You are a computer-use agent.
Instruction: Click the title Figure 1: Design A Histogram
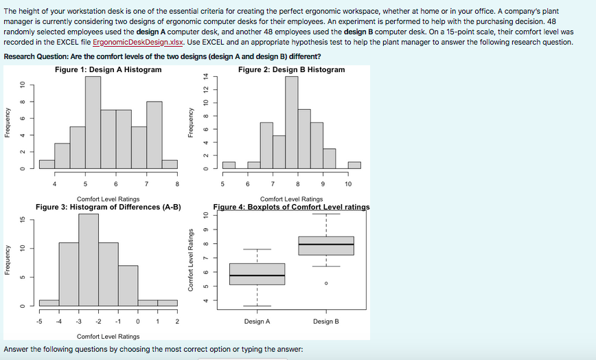click(x=108, y=69)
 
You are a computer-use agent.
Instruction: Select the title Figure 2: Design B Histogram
click(x=291, y=69)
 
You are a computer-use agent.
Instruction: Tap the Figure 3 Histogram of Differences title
click(x=108, y=207)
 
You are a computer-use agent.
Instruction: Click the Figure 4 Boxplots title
click(x=291, y=207)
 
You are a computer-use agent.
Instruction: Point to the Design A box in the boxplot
click(x=257, y=273)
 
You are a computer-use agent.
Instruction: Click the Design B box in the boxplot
click(x=326, y=245)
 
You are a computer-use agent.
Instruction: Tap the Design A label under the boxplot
click(x=257, y=322)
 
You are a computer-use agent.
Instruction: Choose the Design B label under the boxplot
click(x=326, y=322)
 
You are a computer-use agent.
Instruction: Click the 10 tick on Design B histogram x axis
click(x=348, y=184)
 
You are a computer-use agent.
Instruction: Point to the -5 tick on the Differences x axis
click(x=39, y=322)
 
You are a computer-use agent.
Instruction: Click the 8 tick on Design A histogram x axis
click(x=177, y=184)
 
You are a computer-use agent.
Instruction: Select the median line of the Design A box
click(x=257, y=275)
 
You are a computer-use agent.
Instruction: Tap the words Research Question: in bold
click(x=30, y=56)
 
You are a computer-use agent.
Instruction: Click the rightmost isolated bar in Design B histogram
click(x=354, y=164)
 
